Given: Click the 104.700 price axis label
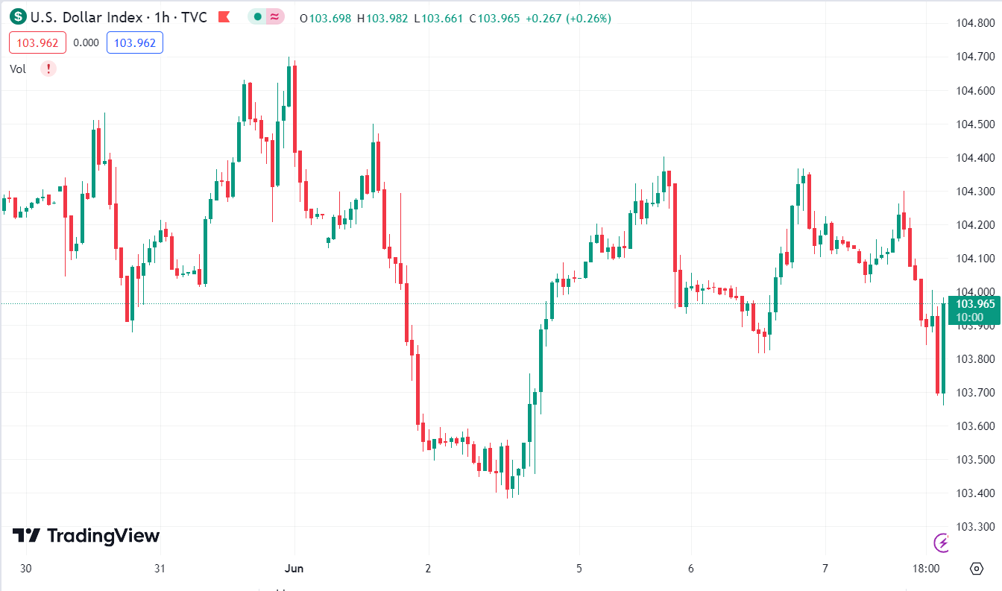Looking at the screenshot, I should (975, 57).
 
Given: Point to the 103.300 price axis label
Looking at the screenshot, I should (975, 527).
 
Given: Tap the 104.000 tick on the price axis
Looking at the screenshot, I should (975, 291).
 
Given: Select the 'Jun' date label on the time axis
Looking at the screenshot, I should (294, 569).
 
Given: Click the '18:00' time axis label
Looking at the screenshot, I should (925, 569).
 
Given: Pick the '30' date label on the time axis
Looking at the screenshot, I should (26, 569).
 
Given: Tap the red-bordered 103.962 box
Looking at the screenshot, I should (37, 42).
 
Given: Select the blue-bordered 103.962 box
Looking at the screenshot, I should (135, 42).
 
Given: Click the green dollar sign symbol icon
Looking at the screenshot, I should (18, 17).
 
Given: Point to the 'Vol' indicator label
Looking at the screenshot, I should (18, 69).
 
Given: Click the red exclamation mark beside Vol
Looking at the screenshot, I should (48, 69).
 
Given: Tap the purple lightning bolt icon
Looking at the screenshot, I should (942, 542).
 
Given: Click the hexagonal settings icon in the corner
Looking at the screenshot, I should (977, 569).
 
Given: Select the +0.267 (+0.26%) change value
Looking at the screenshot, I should (568, 18).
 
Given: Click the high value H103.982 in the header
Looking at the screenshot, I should (382, 18).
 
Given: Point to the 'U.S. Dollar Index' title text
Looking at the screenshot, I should (81, 17).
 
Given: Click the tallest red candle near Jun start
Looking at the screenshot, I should (295, 108).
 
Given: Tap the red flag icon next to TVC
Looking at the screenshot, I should (224, 17).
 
